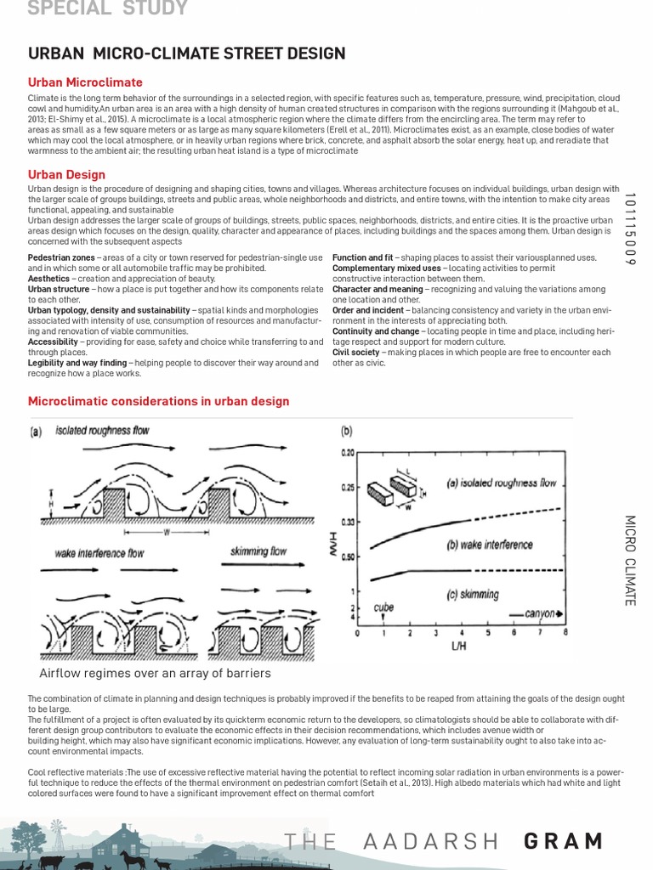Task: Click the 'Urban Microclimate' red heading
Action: click(x=85, y=82)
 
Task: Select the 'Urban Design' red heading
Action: click(x=66, y=174)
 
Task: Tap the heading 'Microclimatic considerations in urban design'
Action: click(x=159, y=401)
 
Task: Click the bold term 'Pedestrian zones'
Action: click(x=60, y=257)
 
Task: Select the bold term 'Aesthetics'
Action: click(x=50, y=278)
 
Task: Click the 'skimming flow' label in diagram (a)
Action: click(x=258, y=551)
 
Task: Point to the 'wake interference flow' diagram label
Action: click(x=99, y=553)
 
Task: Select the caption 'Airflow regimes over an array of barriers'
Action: click(x=155, y=674)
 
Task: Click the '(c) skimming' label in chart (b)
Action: click(x=473, y=595)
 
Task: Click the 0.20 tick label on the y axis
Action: click(x=347, y=453)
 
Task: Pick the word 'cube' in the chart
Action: click(x=384, y=607)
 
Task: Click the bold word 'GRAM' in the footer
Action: click(x=564, y=841)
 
